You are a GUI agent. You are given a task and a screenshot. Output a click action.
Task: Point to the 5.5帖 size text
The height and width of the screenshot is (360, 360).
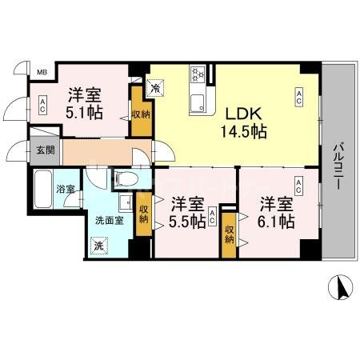click(186, 220)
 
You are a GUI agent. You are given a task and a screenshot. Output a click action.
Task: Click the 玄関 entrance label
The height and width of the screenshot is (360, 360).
click(44, 150)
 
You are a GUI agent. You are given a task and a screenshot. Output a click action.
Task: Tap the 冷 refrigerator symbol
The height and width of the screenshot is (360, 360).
click(155, 82)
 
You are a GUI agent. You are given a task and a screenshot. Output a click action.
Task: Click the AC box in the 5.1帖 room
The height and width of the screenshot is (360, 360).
click(42, 104)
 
